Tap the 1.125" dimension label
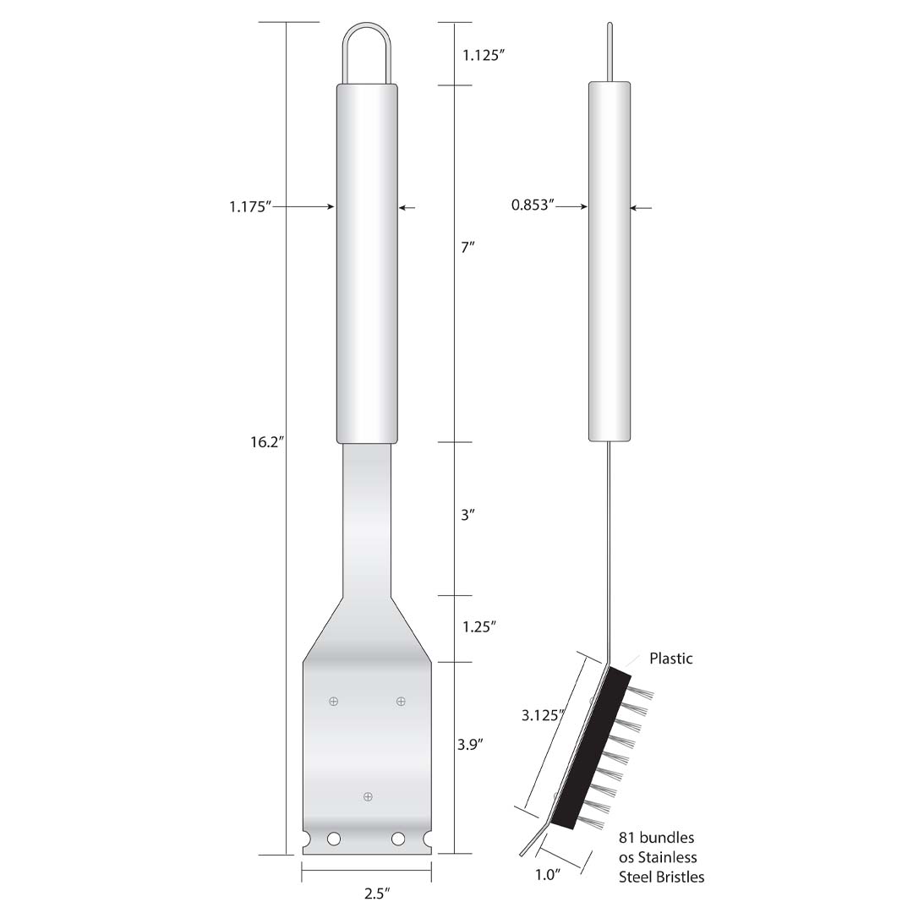[x=484, y=56]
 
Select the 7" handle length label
[x=467, y=247]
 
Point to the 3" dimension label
[x=468, y=514]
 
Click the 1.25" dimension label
[x=478, y=626]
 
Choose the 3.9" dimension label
[x=472, y=745]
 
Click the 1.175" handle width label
[x=250, y=205]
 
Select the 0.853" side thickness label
[x=533, y=205]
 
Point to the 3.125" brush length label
[x=542, y=715]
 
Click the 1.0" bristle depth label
[x=548, y=875]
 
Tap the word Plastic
[x=670, y=658]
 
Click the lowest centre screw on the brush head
[x=367, y=796]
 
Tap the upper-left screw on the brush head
[x=334, y=701]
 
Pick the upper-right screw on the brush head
[x=401, y=701]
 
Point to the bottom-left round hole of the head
[x=334, y=839]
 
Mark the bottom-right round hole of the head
[x=398, y=839]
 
